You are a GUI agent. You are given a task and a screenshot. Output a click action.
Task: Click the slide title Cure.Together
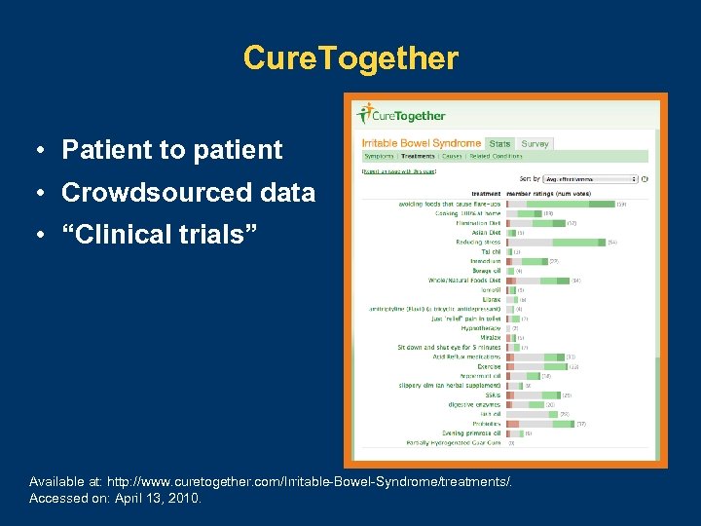pyautogui.click(x=350, y=58)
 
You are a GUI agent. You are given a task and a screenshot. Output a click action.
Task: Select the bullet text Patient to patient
pyautogui.click(x=171, y=150)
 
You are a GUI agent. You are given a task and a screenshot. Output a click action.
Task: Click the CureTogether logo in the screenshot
pyautogui.click(x=401, y=115)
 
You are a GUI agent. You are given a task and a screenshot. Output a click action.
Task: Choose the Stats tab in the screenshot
pyautogui.click(x=499, y=144)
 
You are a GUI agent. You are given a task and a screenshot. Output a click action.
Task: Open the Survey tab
pyautogui.click(x=535, y=144)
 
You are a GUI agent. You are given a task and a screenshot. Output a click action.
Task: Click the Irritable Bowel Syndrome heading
pyautogui.click(x=422, y=144)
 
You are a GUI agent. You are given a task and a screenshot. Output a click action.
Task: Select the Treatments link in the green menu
pyautogui.click(x=418, y=156)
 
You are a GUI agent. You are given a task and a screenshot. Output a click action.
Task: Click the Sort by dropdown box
pyautogui.click(x=590, y=179)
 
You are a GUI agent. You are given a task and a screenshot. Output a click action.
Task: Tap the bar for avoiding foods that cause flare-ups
pyautogui.click(x=559, y=204)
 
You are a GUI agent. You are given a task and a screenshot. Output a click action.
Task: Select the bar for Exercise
pyautogui.click(x=535, y=366)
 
